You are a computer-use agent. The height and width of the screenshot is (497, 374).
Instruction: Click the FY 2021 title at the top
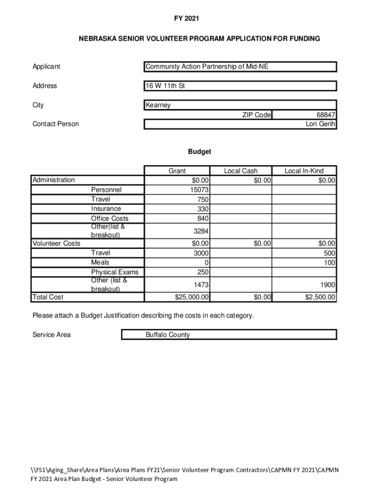(187, 18)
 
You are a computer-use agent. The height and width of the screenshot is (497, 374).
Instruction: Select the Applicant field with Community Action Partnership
(206, 66)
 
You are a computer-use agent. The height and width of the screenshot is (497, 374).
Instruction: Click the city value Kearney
(158, 105)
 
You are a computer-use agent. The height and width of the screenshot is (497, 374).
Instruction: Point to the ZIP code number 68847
(325, 115)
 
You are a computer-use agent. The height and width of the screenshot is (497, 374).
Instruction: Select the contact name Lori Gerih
(319, 124)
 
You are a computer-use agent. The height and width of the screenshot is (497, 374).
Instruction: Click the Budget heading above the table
(200, 152)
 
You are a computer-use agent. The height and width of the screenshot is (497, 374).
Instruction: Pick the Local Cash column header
(241, 171)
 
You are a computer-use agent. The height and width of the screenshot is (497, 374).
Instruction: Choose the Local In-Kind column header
(304, 171)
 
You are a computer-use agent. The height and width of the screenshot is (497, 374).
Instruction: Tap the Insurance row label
(106, 209)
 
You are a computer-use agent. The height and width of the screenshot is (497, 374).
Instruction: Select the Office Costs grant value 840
(203, 218)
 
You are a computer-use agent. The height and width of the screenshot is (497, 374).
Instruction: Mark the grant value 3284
(201, 231)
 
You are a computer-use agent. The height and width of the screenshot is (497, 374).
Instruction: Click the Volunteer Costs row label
(56, 243)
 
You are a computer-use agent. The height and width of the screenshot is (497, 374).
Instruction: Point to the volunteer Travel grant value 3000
(201, 253)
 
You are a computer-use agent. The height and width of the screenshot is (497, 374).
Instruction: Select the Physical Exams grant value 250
(203, 272)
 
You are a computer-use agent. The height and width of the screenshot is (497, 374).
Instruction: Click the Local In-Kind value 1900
(327, 284)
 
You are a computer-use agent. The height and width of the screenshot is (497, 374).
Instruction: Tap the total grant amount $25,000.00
(192, 297)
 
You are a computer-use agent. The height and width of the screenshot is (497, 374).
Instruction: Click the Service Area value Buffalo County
(168, 335)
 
